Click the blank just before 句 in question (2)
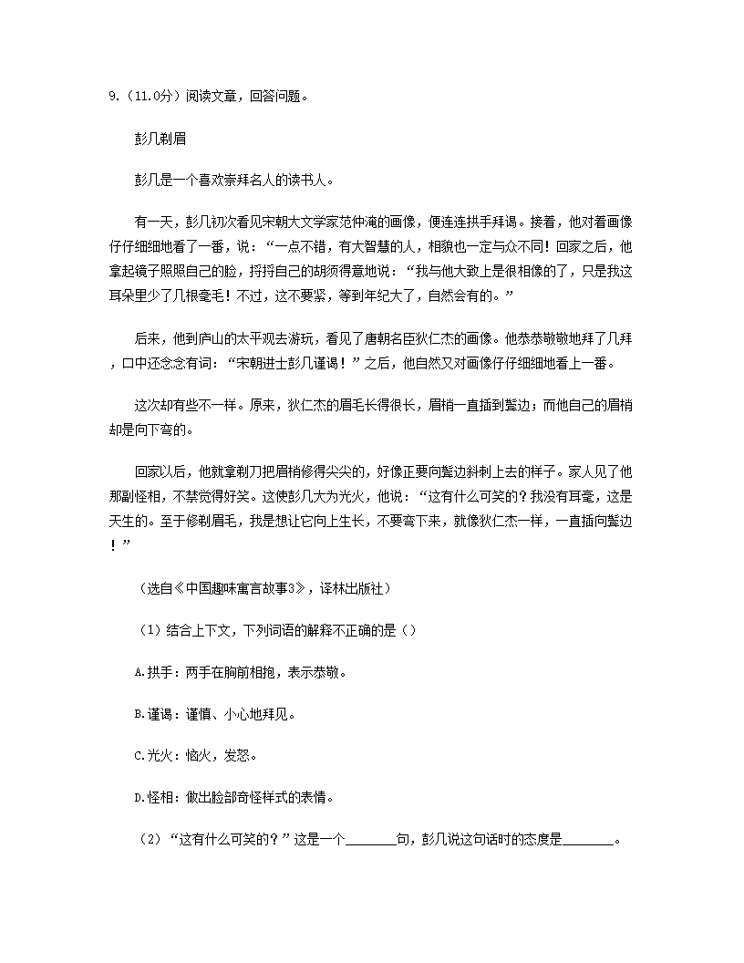[x=371, y=840]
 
